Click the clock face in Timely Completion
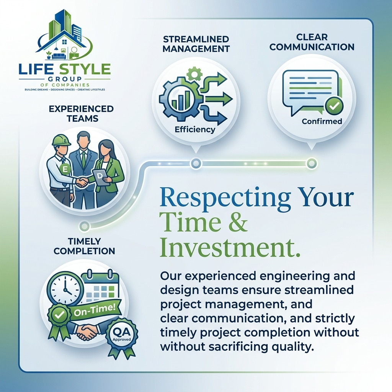point(65,290)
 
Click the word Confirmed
point(322,121)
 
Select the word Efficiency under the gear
point(195,129)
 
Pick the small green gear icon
point(194,74)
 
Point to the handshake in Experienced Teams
point(82,182)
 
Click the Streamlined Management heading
point(196,44)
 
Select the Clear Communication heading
point(312,42)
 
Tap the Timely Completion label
point(84,246)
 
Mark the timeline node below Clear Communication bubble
point(312,163)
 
